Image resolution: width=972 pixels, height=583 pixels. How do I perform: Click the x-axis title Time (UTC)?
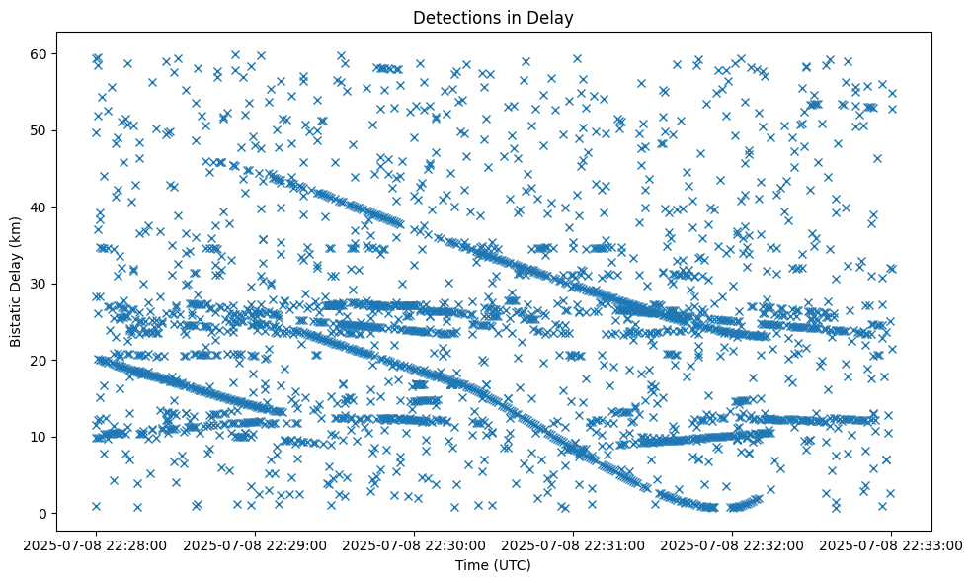click(493, 565)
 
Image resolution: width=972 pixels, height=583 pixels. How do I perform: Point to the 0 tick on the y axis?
click(43, 514)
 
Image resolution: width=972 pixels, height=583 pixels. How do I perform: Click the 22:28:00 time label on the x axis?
click(96, 544)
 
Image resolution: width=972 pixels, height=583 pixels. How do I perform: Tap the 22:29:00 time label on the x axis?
click(255, 544)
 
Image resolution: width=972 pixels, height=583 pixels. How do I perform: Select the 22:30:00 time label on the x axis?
click(414, 544)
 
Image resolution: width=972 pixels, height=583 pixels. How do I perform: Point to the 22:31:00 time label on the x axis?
click(573, 544)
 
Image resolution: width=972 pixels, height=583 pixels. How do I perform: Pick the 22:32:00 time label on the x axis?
click(732, 544)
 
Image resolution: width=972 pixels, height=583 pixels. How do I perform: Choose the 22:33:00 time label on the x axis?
click(891, 544)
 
